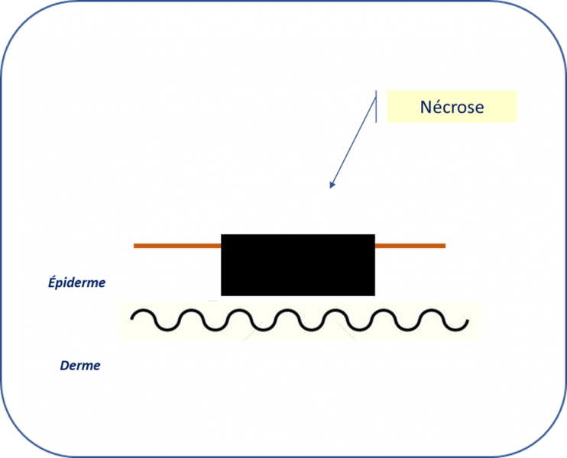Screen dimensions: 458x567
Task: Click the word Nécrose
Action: (x=452, y=108)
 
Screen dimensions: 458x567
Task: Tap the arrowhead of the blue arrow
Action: (x=332, y=185)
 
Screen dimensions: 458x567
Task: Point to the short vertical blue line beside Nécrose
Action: (x=376, y=108)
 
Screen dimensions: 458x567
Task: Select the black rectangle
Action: (x=298, y=265)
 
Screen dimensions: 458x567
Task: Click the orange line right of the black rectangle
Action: (x=410, y=246)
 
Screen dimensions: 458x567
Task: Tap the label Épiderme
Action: (x=73, y=283)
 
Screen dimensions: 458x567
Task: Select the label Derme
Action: (x=80, y=366)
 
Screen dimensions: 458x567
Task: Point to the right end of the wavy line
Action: (x=467, y=326)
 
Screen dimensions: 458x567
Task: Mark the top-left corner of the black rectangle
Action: (x=222, y=235)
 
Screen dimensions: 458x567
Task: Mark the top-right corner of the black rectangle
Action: (x=374, y=235)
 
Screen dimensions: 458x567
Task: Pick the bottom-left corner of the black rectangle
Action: (x=222, y=295)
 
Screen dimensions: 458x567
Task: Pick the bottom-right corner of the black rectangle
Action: (x=374, y=295)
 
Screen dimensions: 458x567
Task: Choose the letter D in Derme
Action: (x=64, y=366)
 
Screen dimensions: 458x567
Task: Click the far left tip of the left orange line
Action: (x=134, y=246)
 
